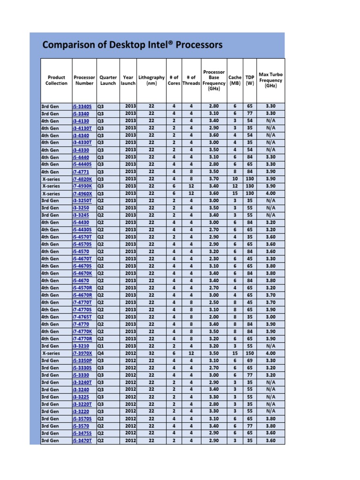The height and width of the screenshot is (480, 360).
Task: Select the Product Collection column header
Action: (x=56, y=80)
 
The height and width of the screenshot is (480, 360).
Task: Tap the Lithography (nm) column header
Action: (x=151, y=80)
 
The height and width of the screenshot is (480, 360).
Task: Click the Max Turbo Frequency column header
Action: (x=270, y=80)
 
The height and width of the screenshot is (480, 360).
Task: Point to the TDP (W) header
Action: (x=250, y=80)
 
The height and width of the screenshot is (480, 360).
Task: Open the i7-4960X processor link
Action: (x=82, y=193)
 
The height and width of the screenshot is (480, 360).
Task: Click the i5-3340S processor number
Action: (x=82, y=106)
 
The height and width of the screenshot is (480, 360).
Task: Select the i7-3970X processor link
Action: (x=82, y=353)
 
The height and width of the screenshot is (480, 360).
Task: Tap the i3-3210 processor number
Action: (x=81, y=346)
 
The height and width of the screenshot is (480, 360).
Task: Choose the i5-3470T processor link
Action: (x=82, y=441)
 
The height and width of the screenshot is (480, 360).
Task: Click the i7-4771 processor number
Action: (x=81, y=172)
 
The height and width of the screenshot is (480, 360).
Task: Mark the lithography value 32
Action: (x=151, y=353)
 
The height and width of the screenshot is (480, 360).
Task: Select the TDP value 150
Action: (x=250, y=353)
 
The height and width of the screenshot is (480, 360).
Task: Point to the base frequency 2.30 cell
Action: (x=213, y=258)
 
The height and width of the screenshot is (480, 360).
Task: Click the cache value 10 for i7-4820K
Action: (x=235, y=179)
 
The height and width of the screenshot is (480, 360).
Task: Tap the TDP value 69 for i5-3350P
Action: (x=250, y=360)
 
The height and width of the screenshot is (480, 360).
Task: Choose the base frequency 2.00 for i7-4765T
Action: (x=213, y=317)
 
